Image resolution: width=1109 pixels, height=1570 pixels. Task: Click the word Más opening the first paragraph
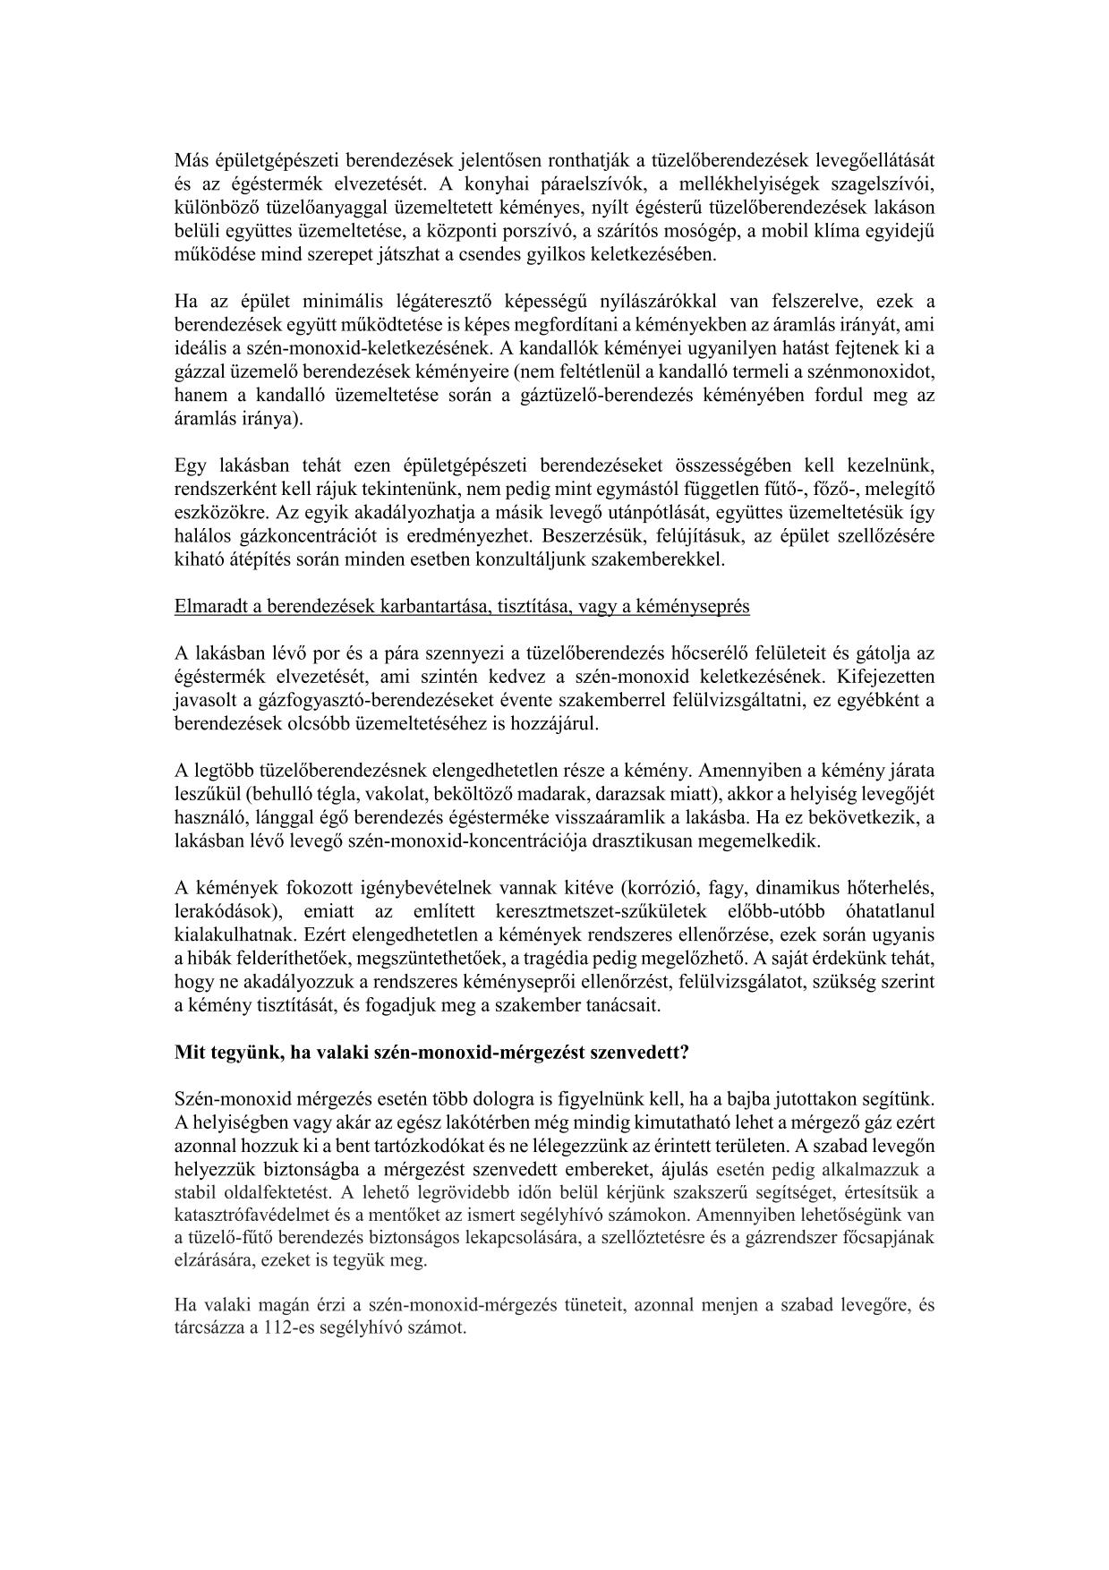[190, 161]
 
